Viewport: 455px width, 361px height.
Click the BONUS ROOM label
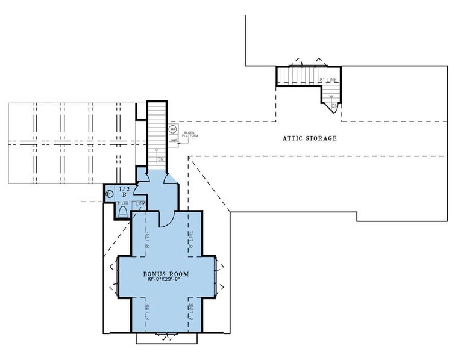click(166, 274)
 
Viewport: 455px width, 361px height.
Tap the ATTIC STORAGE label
click(310, 138)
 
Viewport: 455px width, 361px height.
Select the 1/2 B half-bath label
click(124, 192)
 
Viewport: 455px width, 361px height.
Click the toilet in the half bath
click(123, 211)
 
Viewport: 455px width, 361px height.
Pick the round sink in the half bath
click(110, 194)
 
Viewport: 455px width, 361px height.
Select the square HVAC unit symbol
click(172, 140)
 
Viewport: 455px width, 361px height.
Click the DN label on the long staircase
click(160, 159)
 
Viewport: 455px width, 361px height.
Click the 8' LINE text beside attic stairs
click(328, 79)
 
